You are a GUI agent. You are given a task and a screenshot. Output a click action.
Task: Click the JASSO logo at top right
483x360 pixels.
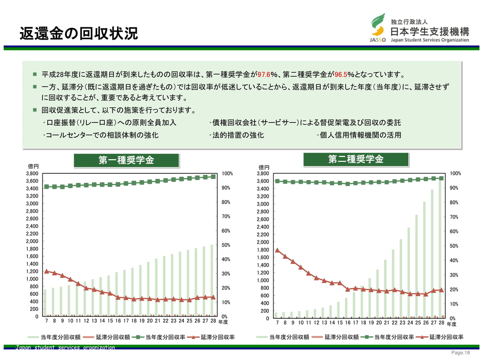[x=378, y=28]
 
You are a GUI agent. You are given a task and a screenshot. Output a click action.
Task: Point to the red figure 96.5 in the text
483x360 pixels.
[x=341, y=75]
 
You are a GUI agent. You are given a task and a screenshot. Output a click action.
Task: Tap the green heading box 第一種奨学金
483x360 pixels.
[x=126, y=160]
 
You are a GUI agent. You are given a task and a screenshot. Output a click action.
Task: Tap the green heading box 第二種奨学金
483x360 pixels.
[x=356, y=159]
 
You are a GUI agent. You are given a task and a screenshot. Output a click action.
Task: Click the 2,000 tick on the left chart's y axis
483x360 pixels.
[x=32, y=241]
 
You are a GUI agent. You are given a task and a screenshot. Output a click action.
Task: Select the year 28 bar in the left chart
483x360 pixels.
[x=212, y=280]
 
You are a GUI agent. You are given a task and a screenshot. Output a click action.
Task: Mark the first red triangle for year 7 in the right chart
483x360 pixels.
[x=277, y=250]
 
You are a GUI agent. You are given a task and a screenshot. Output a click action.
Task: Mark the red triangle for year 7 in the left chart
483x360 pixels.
[x=46, y=271]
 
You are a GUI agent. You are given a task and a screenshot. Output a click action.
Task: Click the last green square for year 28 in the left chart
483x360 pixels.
[x=213, y=177]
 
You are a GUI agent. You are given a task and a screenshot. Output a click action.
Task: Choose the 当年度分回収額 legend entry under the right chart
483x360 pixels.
[x=283, y=337]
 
